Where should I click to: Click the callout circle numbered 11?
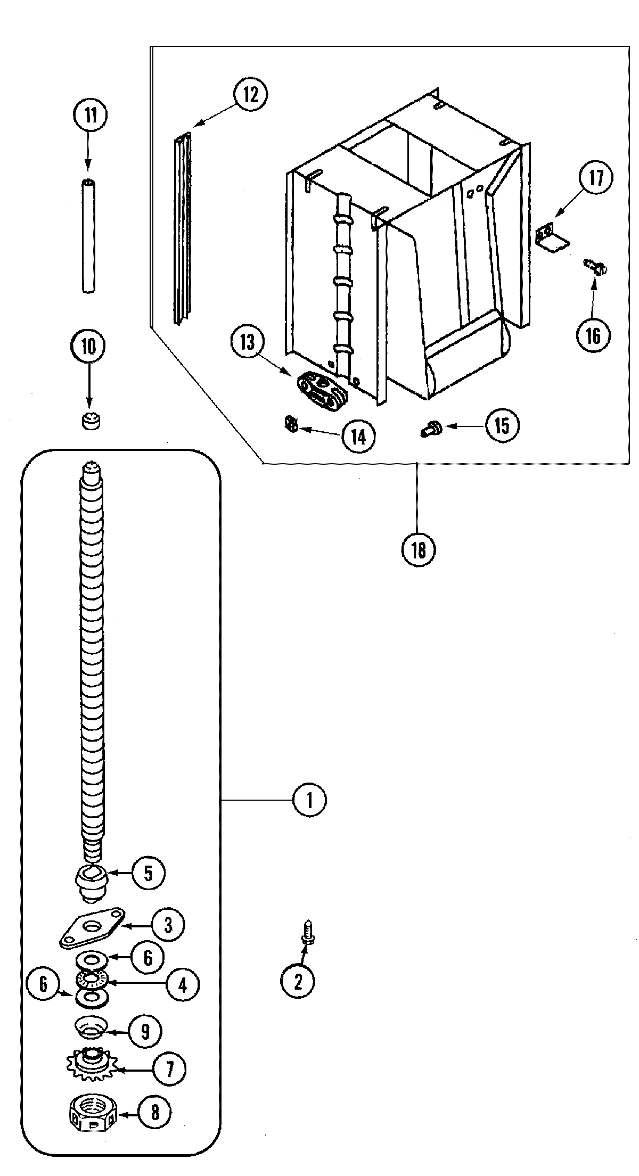(91, 115)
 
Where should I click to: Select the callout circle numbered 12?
(250, 95)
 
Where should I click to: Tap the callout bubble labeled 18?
(419, 549)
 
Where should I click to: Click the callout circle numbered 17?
(596, 178)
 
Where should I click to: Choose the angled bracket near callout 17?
(551, 237)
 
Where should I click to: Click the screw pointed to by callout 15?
(429, 427)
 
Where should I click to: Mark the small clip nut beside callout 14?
(290, 424)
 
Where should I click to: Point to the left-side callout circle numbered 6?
(44, 984)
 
